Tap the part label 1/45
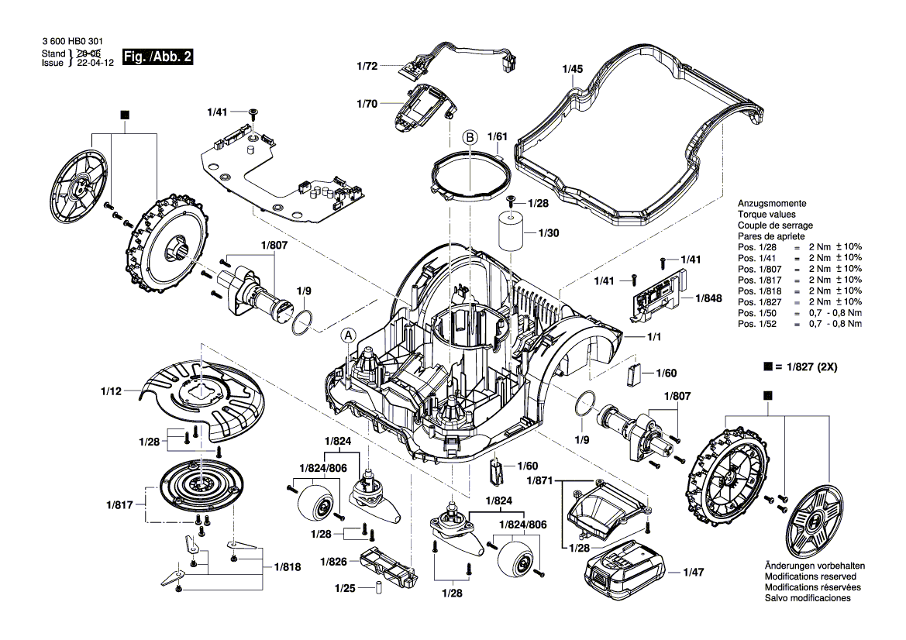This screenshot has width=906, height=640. pos(571,70)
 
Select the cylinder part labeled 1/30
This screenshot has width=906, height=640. pos(512,231)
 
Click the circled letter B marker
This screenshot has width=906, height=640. pos(470,137)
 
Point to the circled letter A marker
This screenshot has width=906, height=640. pos(349,335)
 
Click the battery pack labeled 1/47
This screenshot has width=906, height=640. pos(625,572)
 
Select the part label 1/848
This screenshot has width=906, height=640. pos(708,298)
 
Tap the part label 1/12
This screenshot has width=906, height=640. pos(111,392)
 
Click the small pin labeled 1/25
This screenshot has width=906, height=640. pos(377,586)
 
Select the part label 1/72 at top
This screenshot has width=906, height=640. pos(367,67)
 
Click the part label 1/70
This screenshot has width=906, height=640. pos(367,103)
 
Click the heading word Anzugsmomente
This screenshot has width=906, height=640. pos(772,202)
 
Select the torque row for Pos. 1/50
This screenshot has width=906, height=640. pos(799,312)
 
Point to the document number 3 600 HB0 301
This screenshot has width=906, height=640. pos(71,40)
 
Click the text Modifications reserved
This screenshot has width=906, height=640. pos(810,577)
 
